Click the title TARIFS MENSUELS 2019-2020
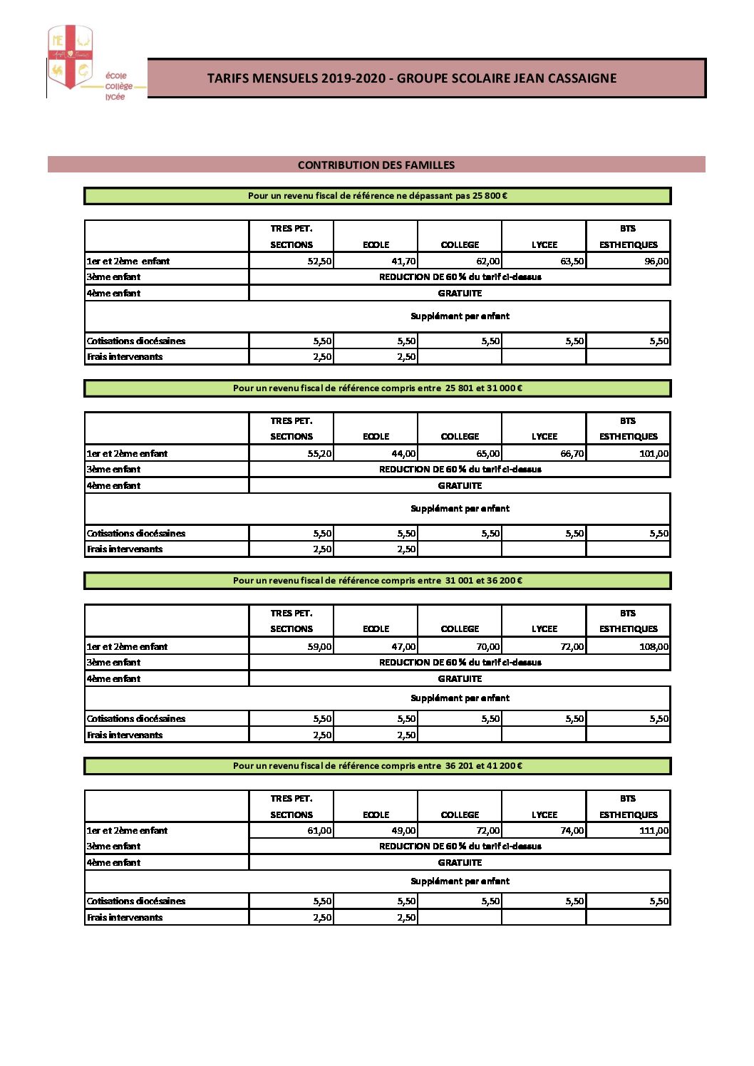point(412,78)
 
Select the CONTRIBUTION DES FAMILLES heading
point(376,165)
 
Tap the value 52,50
point(319,261)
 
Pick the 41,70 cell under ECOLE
point(403,261)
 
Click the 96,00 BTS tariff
point(656,261)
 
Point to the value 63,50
point(572,261)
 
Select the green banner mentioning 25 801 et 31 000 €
point(378,388)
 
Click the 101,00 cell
point(654,453)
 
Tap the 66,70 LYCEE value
point(572,453)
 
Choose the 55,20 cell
point(319,453)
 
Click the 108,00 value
point(654,646)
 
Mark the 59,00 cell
point(319,646)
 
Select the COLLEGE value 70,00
point(487,646)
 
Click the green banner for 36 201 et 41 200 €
point(378,766)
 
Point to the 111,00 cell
point(654,830)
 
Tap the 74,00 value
point(572,830)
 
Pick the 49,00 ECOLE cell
point(403,830)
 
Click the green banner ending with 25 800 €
point(378,196)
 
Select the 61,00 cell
point(319,830)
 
